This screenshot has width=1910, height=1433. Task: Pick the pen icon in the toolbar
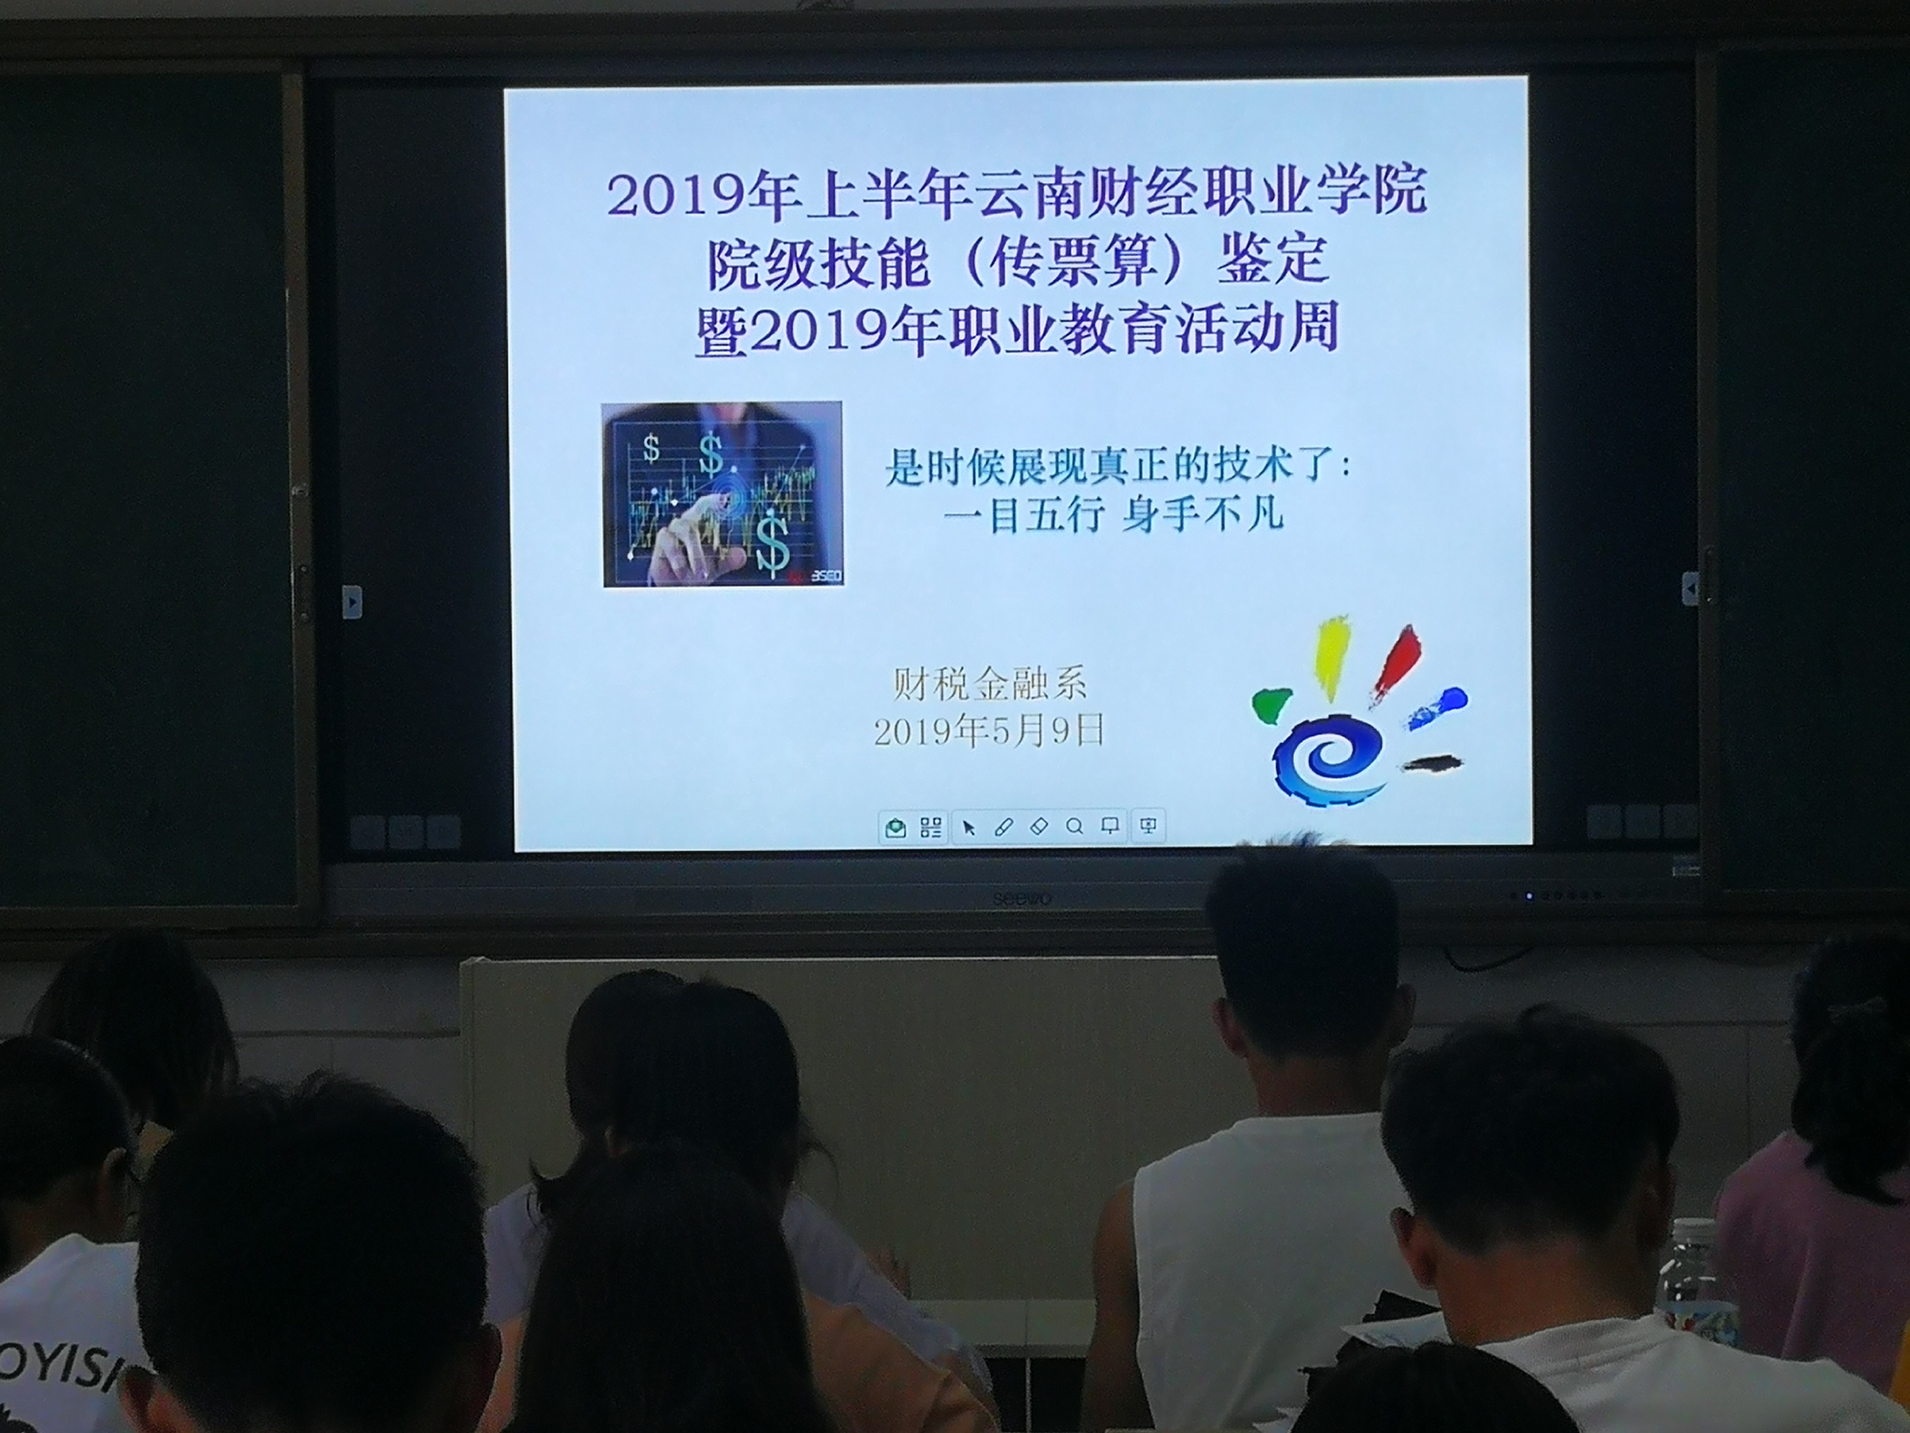pos(1003,827)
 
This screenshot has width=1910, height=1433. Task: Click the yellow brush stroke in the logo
pos(1330,656)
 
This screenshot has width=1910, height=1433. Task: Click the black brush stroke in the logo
pos(1432,763)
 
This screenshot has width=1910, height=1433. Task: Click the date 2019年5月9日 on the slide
pos(990,731)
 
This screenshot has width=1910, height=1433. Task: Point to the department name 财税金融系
pos(990,684)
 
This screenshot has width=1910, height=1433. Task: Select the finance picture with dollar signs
pos(723,494)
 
